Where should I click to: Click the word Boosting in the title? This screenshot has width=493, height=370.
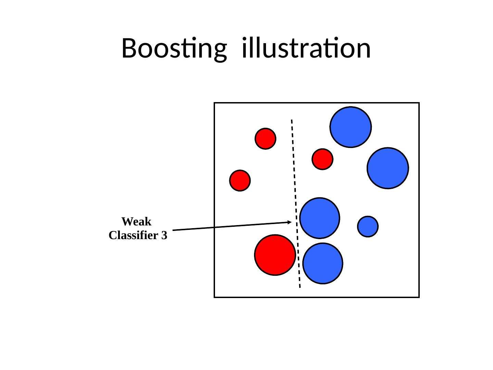[174, 49]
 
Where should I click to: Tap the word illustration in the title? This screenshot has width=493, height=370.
[306, 48]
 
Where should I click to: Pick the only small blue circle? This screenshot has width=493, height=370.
[368, 226]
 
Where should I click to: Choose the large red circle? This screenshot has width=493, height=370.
[275, 255]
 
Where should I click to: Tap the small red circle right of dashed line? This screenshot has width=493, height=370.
[322, 159]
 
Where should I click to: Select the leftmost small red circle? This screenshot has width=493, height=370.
[240, 181]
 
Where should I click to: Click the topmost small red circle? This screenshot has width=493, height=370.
[265, 139]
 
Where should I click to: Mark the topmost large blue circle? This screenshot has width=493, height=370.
[350, 127]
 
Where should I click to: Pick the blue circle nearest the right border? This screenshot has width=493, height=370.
[388, 168]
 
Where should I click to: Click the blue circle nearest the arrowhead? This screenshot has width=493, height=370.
[319, 218]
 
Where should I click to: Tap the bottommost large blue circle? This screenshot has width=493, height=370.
[323, 263]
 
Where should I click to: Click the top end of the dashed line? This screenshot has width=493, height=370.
[292, 120]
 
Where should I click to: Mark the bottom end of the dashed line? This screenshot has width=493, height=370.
[300, 287]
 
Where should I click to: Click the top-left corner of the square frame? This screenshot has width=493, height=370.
[214, 103]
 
